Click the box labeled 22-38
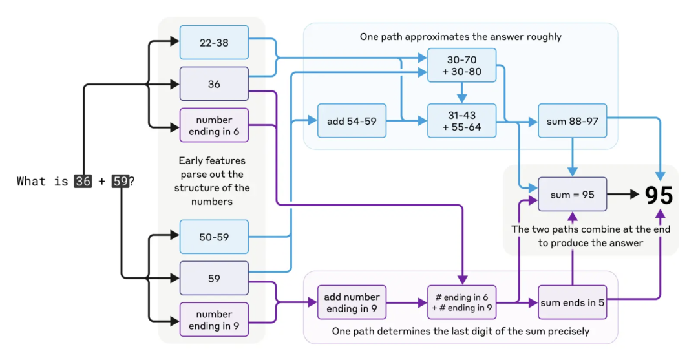214,43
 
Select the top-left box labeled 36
214,84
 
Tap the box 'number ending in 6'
214,125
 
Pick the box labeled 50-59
214,237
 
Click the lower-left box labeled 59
214,279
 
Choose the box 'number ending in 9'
214,320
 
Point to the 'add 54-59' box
352,121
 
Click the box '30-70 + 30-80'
462,65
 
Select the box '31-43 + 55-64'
462,121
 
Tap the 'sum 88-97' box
573,121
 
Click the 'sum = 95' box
573,194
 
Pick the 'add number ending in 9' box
352,302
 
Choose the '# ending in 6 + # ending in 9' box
462,302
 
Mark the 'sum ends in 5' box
573,302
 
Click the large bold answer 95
659,195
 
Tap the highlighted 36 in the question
83,182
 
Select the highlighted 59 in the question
120,182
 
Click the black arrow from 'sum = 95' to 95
623,194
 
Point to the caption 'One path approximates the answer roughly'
460,37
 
